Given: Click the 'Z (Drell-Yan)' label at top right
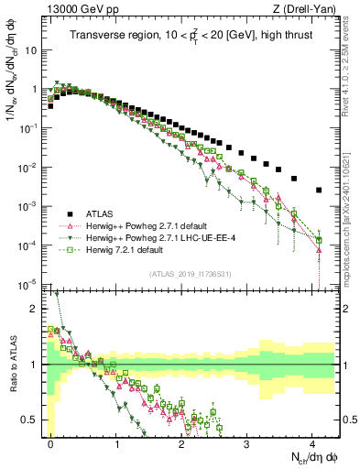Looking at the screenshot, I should (x=306, y=9).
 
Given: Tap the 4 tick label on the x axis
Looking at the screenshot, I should (x=312, y=444).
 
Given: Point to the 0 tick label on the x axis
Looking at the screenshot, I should (x=51, y=444).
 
